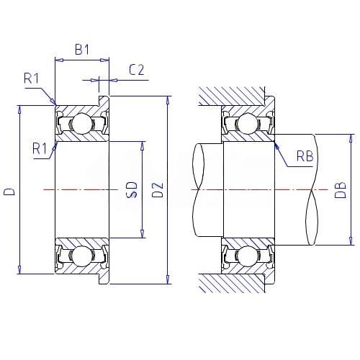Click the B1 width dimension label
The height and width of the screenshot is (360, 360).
click(x=82, y=50)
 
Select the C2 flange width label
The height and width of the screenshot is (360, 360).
click(x=137, y=70)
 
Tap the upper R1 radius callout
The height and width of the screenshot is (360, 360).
click(x=31, y=78)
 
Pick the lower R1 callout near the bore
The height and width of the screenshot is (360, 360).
click(x=40, y=148)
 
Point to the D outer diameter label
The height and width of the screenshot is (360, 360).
click(x=9, y=192)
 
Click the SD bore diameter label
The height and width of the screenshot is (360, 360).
click(x=132, y=189)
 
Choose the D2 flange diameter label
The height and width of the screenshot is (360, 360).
click(x=158, y=190)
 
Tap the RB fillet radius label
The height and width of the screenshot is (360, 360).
click(x=305, y=156)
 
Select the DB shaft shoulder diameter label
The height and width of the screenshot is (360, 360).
click(x=341, y=190)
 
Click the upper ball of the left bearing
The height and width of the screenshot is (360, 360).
click(x=82, y=124)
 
